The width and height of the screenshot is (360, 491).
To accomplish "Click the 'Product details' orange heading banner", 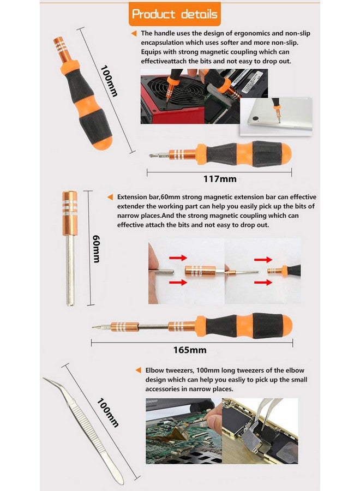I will click(175, 14).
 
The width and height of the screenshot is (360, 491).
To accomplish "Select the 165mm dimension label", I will click(190, 350).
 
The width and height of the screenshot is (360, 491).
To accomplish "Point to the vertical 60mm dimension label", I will click(96, 248).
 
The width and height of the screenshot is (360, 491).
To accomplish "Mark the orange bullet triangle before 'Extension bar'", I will click(111, 196).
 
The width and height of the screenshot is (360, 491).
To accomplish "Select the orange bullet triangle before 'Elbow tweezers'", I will click(139, 370).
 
